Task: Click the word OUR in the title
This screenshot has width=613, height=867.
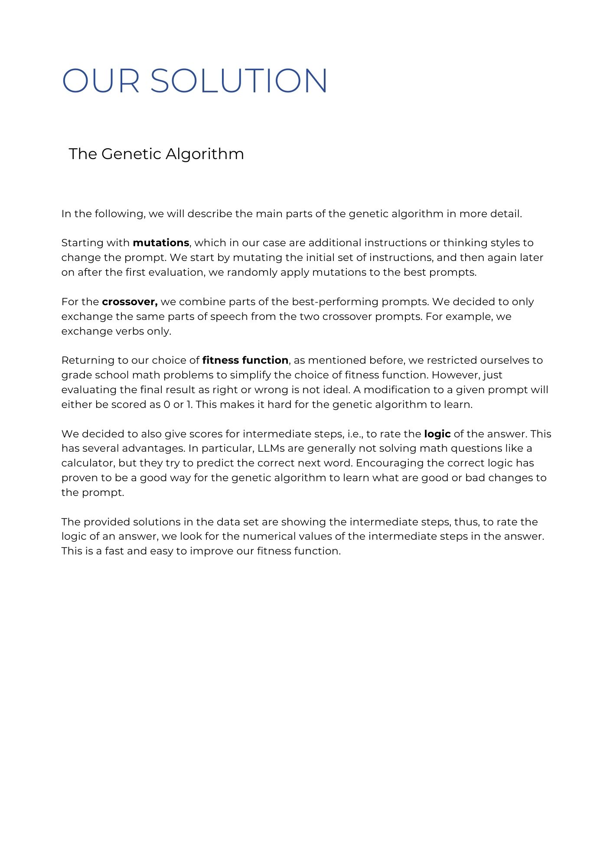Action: pos(101,81)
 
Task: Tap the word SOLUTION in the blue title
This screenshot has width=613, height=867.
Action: pos(239,81)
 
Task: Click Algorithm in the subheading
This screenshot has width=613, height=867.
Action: pos(205,154)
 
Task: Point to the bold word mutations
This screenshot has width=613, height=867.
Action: pos(161,243)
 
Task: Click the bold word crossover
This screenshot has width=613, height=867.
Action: pos(129,302)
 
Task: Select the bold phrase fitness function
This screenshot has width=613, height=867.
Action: pos(245,360)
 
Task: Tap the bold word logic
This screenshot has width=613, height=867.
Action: pos(437,434)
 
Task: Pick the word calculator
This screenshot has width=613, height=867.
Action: pos(88,463)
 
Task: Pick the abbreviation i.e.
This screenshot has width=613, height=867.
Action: pos(355,434)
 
